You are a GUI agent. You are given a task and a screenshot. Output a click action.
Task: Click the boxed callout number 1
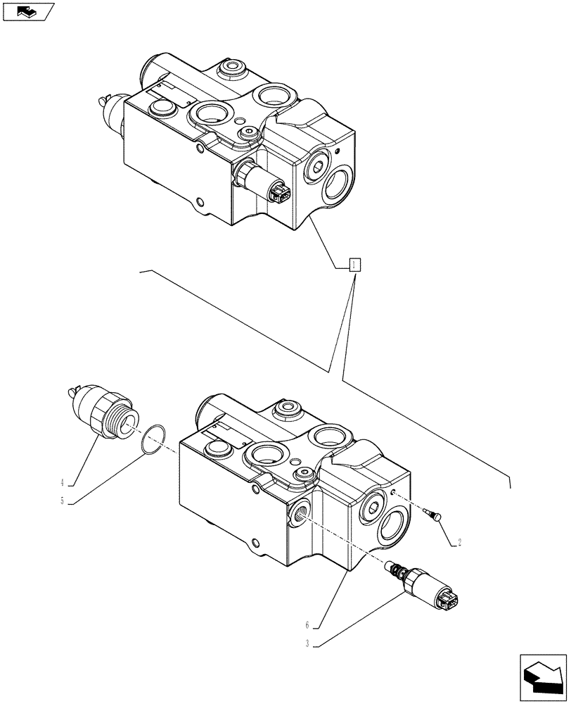tap(354, 265)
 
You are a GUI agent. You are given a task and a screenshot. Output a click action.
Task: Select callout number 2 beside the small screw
tap(458, 542)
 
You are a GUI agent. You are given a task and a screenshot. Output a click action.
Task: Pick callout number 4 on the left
tap(62, 483)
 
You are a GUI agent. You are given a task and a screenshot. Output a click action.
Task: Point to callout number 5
tap(62, 501)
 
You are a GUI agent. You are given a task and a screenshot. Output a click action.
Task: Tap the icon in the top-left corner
tap(28, 11)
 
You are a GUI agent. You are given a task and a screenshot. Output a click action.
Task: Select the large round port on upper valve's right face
tap(338, 187)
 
